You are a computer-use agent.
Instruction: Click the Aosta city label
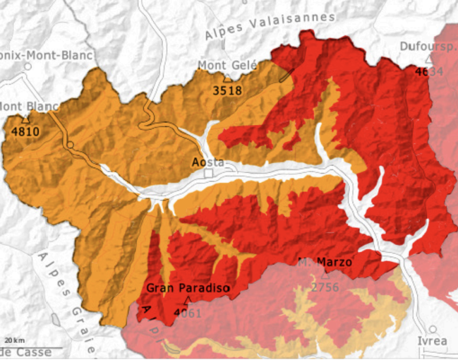coord(209,162)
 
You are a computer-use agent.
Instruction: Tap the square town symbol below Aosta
coord(209,173)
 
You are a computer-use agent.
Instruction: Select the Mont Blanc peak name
coord(29,107)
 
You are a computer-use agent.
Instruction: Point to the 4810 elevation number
coord(26,132)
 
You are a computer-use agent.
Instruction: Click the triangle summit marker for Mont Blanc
coord(26,120)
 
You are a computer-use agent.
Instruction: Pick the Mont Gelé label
coord(228,65)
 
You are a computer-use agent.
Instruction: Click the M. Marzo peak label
coord(325,262)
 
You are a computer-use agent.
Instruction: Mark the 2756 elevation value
coord(325,287)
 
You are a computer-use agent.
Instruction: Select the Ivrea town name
coord(432,341)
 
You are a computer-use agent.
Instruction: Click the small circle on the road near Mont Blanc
coord(69,145)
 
